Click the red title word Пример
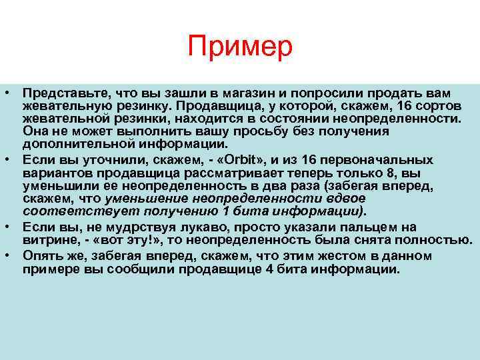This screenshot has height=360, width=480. pyautogui.click(x=240, y=47)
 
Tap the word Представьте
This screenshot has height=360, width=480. pyautogui.click(x=62, y=92)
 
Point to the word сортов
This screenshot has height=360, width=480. pyautogui.click(x=439, y=107)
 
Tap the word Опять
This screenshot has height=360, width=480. pyautogui.click(x=41, y=255)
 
